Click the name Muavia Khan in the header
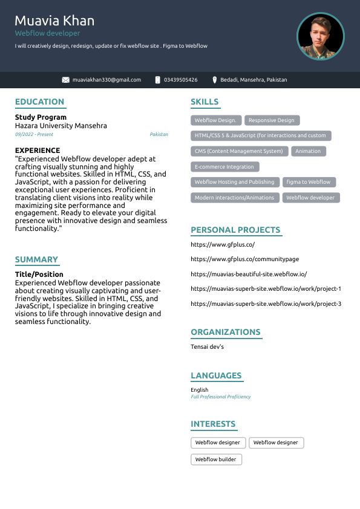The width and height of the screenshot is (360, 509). point(54,21)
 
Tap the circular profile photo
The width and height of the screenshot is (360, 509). point(320,36)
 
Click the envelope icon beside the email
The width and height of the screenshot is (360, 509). point(66,80)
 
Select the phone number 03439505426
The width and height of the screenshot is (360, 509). point(180,80)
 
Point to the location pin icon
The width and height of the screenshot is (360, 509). point(215,80)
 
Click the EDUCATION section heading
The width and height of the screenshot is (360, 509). point(39,102)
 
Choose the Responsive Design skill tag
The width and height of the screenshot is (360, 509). point(272,120)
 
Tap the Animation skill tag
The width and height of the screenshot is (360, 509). point(308,151)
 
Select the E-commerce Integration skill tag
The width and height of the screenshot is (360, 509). point(224,167)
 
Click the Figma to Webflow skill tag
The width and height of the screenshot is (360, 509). point(309,182)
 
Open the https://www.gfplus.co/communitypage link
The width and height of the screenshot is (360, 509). point(244,259)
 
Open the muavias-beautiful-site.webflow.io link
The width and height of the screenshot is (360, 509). point(249,274)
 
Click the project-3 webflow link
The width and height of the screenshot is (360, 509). point(266,303)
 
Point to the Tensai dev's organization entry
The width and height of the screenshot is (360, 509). point(207,347)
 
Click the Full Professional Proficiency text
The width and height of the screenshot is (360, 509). point(220,397)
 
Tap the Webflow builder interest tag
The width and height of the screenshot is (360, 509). point(215,459)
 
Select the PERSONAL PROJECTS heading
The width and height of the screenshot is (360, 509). point(235,230)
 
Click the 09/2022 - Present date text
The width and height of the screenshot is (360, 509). point(34,134)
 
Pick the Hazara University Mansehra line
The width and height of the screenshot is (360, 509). point(61,126)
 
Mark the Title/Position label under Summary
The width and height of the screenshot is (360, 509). point(39,274)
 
